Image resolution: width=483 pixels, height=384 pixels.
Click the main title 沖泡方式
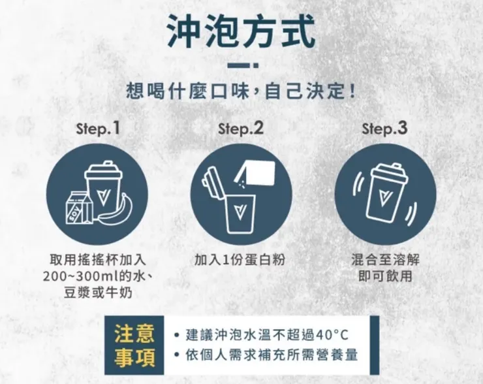(x=241, y=30)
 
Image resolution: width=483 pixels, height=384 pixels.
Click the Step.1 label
(x=98, y=129)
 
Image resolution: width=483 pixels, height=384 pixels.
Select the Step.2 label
(x=241, y=129)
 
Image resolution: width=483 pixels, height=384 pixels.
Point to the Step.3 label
(x=385, y=129)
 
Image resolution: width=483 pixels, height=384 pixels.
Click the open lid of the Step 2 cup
(x=212, y=184)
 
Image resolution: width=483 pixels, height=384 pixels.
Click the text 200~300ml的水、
(x=98, y=276)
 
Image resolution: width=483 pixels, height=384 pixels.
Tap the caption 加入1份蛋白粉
(x=241, y=260)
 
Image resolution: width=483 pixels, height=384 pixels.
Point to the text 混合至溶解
(x=385, y=260)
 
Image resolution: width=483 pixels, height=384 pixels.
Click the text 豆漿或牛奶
(x=98, y=292)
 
